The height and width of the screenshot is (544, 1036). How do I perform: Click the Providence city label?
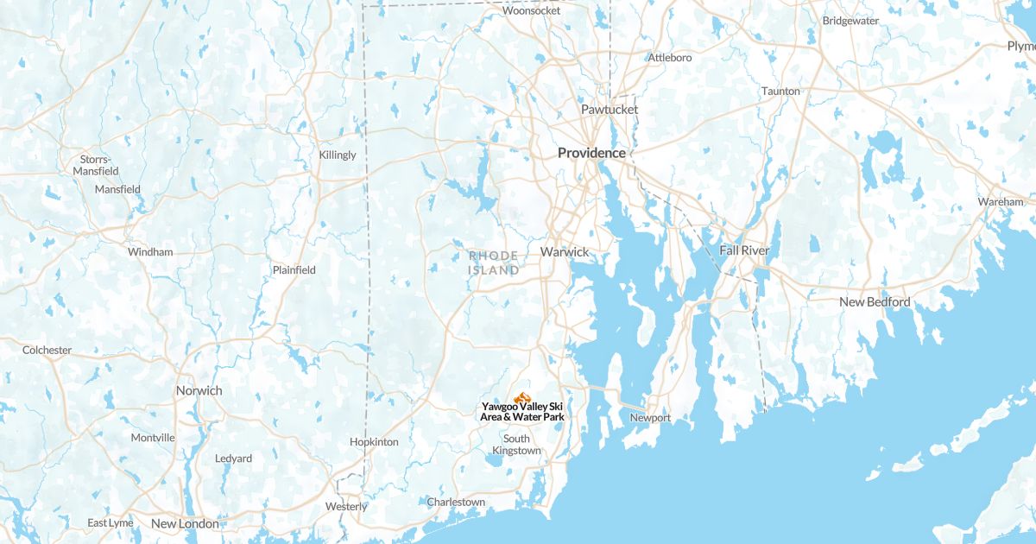point(591,153)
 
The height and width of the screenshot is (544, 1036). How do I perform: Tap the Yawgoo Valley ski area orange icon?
point(521,397)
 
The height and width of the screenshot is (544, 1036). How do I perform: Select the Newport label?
point(650,418)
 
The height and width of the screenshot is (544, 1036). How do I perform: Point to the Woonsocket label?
point(531,10)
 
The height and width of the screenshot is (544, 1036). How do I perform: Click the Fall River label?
point(744,250)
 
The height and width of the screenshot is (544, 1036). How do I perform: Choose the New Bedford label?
point(875,302)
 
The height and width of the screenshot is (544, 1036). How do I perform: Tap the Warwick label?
point(565,252)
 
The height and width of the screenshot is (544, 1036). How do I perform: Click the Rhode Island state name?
point(494,263)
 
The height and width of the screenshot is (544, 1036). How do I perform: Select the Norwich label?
point(199,390)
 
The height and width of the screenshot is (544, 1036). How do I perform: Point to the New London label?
point(185,523)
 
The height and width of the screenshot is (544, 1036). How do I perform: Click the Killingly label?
point(338,155)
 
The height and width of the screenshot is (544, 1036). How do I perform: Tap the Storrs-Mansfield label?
point(95,165)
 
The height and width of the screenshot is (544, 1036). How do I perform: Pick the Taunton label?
point(780,91)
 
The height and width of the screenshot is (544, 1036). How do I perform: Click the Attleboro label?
point(670,58)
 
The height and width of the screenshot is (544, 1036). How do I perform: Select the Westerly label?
point(346,506)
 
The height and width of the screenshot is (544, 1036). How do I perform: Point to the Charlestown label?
point(456,502)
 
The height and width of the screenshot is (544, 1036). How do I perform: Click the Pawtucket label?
point(610,110)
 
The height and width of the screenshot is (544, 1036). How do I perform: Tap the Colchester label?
point(47,350)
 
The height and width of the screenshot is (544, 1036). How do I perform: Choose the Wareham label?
point(1000,201)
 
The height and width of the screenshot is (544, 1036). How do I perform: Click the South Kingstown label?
point(516,444)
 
